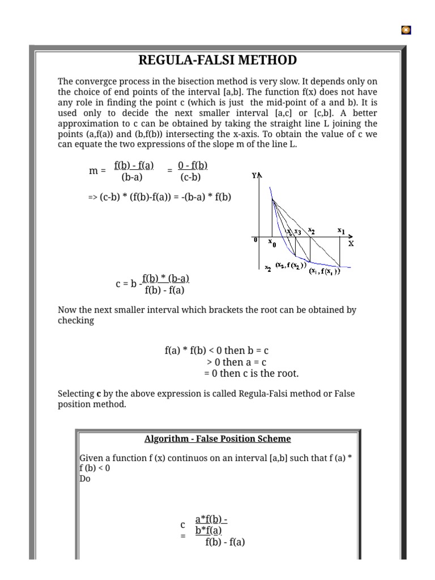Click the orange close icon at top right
click(x=406, y=30)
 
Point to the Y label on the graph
click(x=254, y=176)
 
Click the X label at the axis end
click(x=351, y=244)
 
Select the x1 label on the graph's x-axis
click(x=341, y=231)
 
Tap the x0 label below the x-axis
click(x=272, y=244)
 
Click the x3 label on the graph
click(x=298, y=231)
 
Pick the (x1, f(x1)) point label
click(x=325, y=271)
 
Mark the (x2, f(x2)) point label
click(x=291, y=265)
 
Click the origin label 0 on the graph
click(x=255, y=240)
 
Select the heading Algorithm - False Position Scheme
click(x=217, y=439)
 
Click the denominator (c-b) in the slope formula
click(x=191, y=177)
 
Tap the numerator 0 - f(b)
click(x=193, y=165)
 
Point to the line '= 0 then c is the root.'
click(x=251, y=373)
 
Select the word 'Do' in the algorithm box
click(x=85, y=479)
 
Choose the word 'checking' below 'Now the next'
click(x=76, y=321)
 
